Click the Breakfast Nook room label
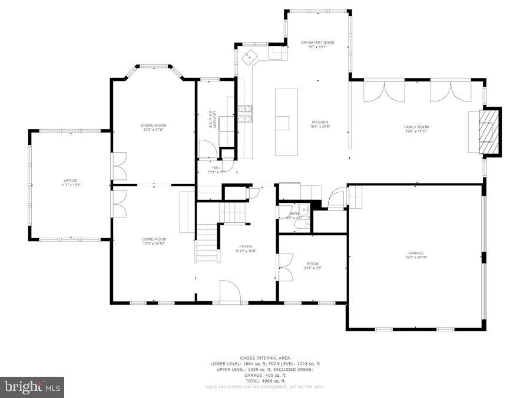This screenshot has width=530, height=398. coord(317,45)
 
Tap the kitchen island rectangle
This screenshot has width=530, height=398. coord(286,121)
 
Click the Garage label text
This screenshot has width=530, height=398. coord(416,255)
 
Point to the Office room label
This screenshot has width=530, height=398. coord(71,183)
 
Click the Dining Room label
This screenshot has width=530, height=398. coord(153,127)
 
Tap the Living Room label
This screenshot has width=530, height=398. coord(153,241)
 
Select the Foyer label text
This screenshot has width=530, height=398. coord(245,249)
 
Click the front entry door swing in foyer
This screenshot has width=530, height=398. coord(230,291)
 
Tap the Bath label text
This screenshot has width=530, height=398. coord(292,215)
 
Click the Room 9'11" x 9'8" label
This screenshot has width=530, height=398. coord(312,266)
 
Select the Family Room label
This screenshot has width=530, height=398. coord(416,129)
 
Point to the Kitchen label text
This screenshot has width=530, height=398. coord(320,124)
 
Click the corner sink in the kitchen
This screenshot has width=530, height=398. coord(250,57)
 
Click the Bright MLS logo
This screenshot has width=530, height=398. coord(32,387)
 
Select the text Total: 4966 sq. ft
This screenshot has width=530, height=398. coord(265,380)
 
